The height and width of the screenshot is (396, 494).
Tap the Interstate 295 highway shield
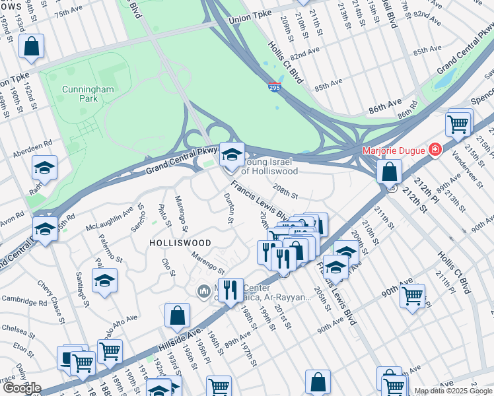[274, 86]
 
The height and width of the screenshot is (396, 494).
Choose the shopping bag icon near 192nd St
[31, 46]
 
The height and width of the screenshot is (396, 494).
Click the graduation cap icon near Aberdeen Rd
[45, 168]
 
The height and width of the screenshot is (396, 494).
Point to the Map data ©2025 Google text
[453, 391]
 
